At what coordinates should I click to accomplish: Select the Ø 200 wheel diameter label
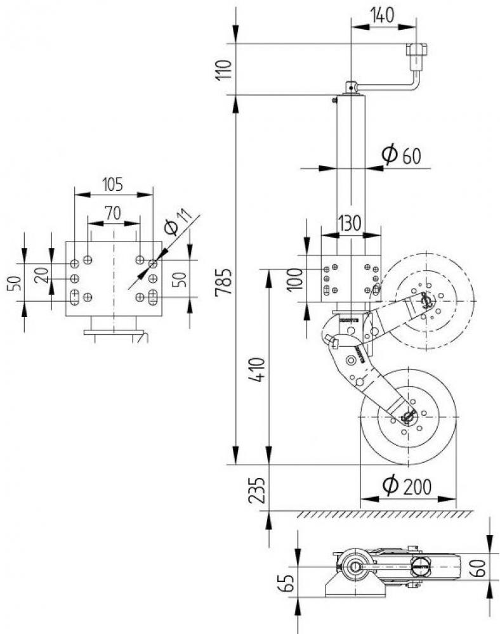407,485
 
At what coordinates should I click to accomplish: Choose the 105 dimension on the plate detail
112,184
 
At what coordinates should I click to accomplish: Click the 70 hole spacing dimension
113,214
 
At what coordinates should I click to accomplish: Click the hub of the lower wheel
408,417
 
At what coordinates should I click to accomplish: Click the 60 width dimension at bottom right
482,567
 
